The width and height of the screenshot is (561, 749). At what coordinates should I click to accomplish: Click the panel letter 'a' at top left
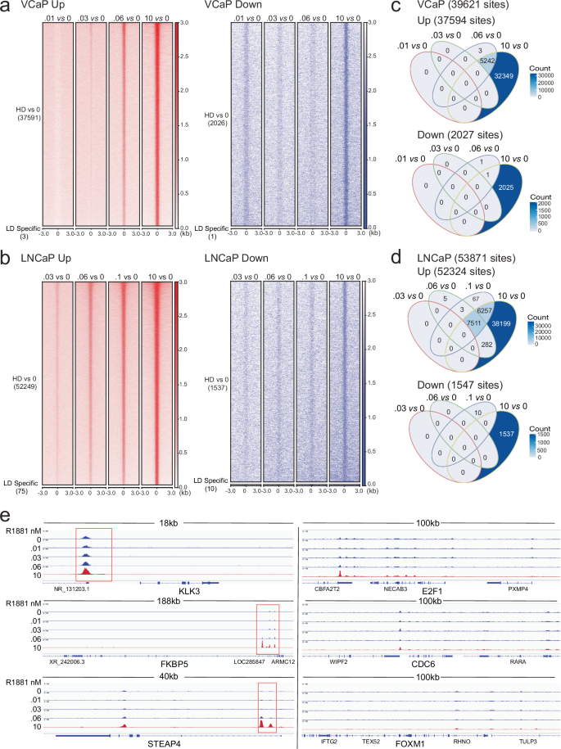click(7, 7)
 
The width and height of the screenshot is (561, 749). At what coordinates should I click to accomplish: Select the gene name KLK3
click(190, 589)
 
